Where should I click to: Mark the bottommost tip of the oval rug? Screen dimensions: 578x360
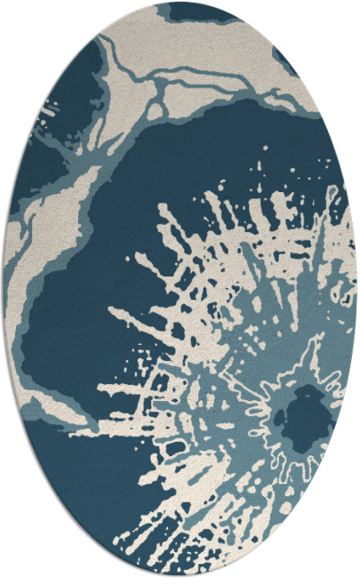coord(180,574)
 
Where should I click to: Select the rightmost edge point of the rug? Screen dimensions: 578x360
coord(356,289)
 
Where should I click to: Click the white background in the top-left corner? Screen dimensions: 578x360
coord(18,18)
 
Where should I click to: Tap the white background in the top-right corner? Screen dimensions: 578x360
coord(342,18)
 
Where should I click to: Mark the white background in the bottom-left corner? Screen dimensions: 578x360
coord(18,560)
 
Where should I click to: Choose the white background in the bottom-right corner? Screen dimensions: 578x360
coord(342,560)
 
